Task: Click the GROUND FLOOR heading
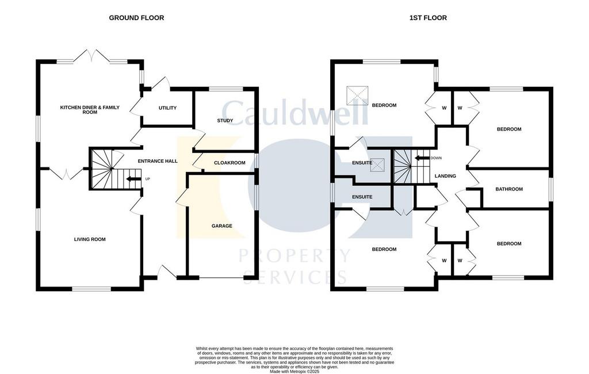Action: pyautogui.click(x=136, y=18)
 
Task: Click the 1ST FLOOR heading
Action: pyautogui.click(x=428, y=18)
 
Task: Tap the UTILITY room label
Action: pyautogui.click(x=167, y=108)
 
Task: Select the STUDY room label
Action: pyautogui.click(x=225, y=121)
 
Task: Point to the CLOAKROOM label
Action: pyautogui.click(x=230, y=163)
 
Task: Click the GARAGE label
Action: pyautogui.click(x=221, y=226)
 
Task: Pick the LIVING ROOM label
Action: pyautogui.click(x=90, y=239)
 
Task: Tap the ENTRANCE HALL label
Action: pyautogui.click(x=158, y=161)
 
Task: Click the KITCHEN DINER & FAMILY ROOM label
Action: pyautogui.click(x=90, y=110)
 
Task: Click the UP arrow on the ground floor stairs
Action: pyautogui.click(x=133, y=179)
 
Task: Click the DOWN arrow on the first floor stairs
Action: pyautogui.click(x=422, y=158)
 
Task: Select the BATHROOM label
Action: pyautogui.click(x=509, y=189)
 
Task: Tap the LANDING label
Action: pyautogui.click(x=445, y=176)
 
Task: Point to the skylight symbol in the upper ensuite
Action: pyautogui.click(x=377, y=165)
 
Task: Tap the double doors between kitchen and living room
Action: pyautogui.click(x=67, y=174)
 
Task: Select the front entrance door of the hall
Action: pyautogui.click(x=167, y=272)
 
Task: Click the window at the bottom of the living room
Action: pyautogui.click(x=91, y=289)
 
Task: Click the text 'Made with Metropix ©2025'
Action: pyautogui.click(x=294, y=371)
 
